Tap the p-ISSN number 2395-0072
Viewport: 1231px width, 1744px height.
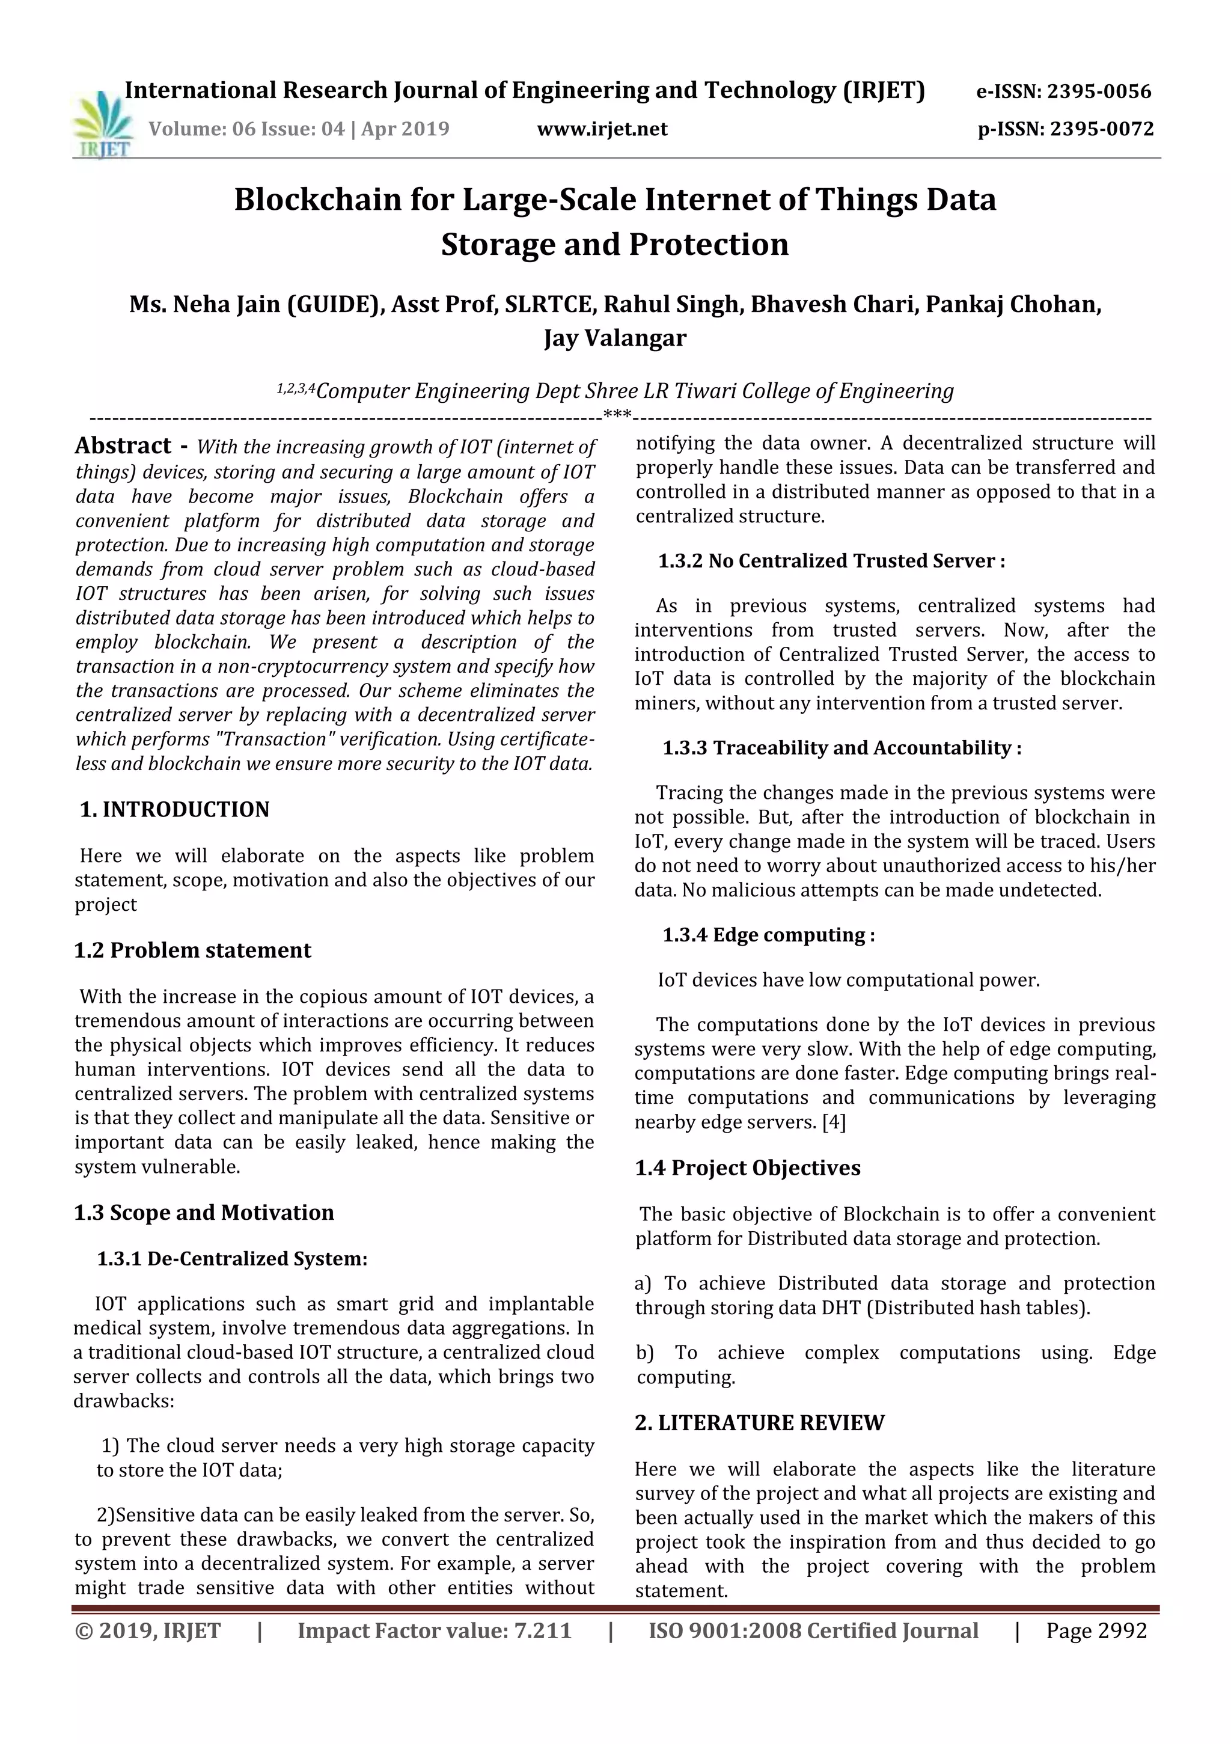pos(1102,129)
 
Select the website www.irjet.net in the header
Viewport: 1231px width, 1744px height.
pos(602,129)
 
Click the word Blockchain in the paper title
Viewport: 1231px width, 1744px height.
pos(317,200)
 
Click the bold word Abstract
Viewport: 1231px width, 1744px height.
pos(123,446)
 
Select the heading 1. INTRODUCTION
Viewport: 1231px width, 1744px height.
pos(175,810)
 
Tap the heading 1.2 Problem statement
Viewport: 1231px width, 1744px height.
pos(192,950)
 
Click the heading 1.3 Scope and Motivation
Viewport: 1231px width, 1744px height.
pos(204,1213)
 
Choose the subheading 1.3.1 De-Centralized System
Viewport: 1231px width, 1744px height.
pos(231,1259)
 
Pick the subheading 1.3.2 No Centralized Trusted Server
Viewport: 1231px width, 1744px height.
pos(831,561)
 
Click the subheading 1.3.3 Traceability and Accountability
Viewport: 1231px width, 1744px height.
pos(842,748)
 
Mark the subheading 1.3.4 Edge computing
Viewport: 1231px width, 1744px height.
pos(769,935)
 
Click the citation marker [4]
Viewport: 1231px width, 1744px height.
pos(834,1122)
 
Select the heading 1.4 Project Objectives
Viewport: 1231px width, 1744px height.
pos(747,1168)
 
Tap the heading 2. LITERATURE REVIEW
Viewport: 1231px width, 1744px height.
pos(759,1423)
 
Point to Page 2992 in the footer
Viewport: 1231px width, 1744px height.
pos(1096,1631)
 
